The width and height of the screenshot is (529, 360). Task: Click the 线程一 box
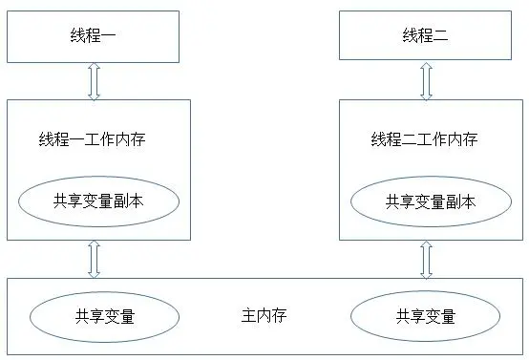[93, 35]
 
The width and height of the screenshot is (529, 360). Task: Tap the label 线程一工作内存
[93, 139]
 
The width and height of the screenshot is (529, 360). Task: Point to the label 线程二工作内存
[424, 139]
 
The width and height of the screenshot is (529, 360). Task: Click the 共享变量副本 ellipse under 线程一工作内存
[99, 201]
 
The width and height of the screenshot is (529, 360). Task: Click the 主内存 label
[264, 315]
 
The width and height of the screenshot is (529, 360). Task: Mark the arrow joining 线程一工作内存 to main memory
[94, 258]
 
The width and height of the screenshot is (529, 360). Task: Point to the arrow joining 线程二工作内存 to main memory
[425, 258]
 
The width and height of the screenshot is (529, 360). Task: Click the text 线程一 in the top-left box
[93, 35]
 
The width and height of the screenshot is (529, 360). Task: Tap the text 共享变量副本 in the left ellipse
[99, 201]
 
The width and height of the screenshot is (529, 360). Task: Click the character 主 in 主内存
[250, 315]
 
